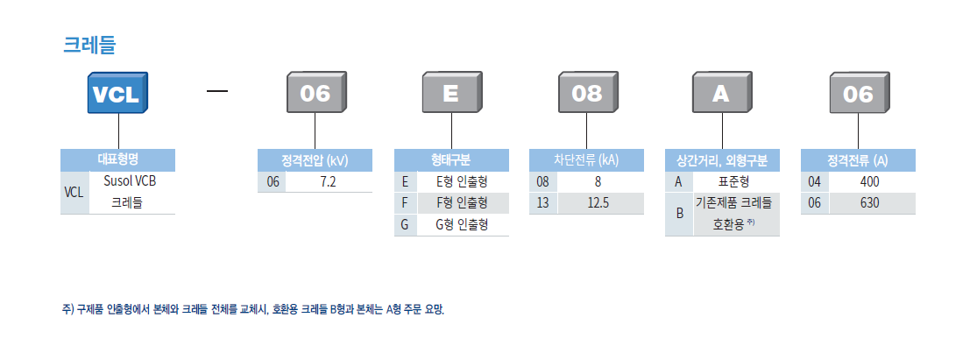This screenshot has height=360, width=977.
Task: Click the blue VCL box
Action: pyautogui.click(x=117, y=95)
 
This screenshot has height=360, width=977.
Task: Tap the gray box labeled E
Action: pyautogui.click(x=450, y=95)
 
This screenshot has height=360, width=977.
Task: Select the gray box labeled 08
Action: pyautogui.click(x=586, y=95)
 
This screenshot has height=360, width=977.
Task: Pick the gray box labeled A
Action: pyautogui.click(x=721, y=95)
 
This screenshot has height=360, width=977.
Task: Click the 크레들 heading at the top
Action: pyautogui.click(x=89, y=45)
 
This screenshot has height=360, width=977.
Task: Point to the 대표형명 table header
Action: pyautogui.click(x=117, y=160)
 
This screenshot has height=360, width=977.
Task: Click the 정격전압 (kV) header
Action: pyautogui.click(x=315, y=160)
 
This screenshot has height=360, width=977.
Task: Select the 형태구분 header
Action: pyautogui.click(x=450, y=160)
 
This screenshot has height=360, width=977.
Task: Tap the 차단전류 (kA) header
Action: pyautogui.click(x=586, y=160)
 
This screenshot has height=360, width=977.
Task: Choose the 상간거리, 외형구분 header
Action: pyautogui.click(x=721, y=160)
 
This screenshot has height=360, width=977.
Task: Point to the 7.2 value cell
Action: pyautogui.click(x=329, y=182)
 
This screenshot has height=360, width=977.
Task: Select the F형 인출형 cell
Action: pyautogui.click(x=463, y=203)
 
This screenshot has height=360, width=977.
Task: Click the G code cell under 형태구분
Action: pyautogui.click(x=404, y=225)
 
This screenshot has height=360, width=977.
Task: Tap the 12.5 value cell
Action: pyautogui.click(x=598, y=203)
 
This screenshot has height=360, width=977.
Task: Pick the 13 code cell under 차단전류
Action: pyautogui.click(x=542, y=203)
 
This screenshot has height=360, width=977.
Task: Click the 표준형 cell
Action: pyautogui.click(x=733, y=182)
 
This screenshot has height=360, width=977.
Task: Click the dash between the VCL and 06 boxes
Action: pyautogui.click(x=216, y=91)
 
